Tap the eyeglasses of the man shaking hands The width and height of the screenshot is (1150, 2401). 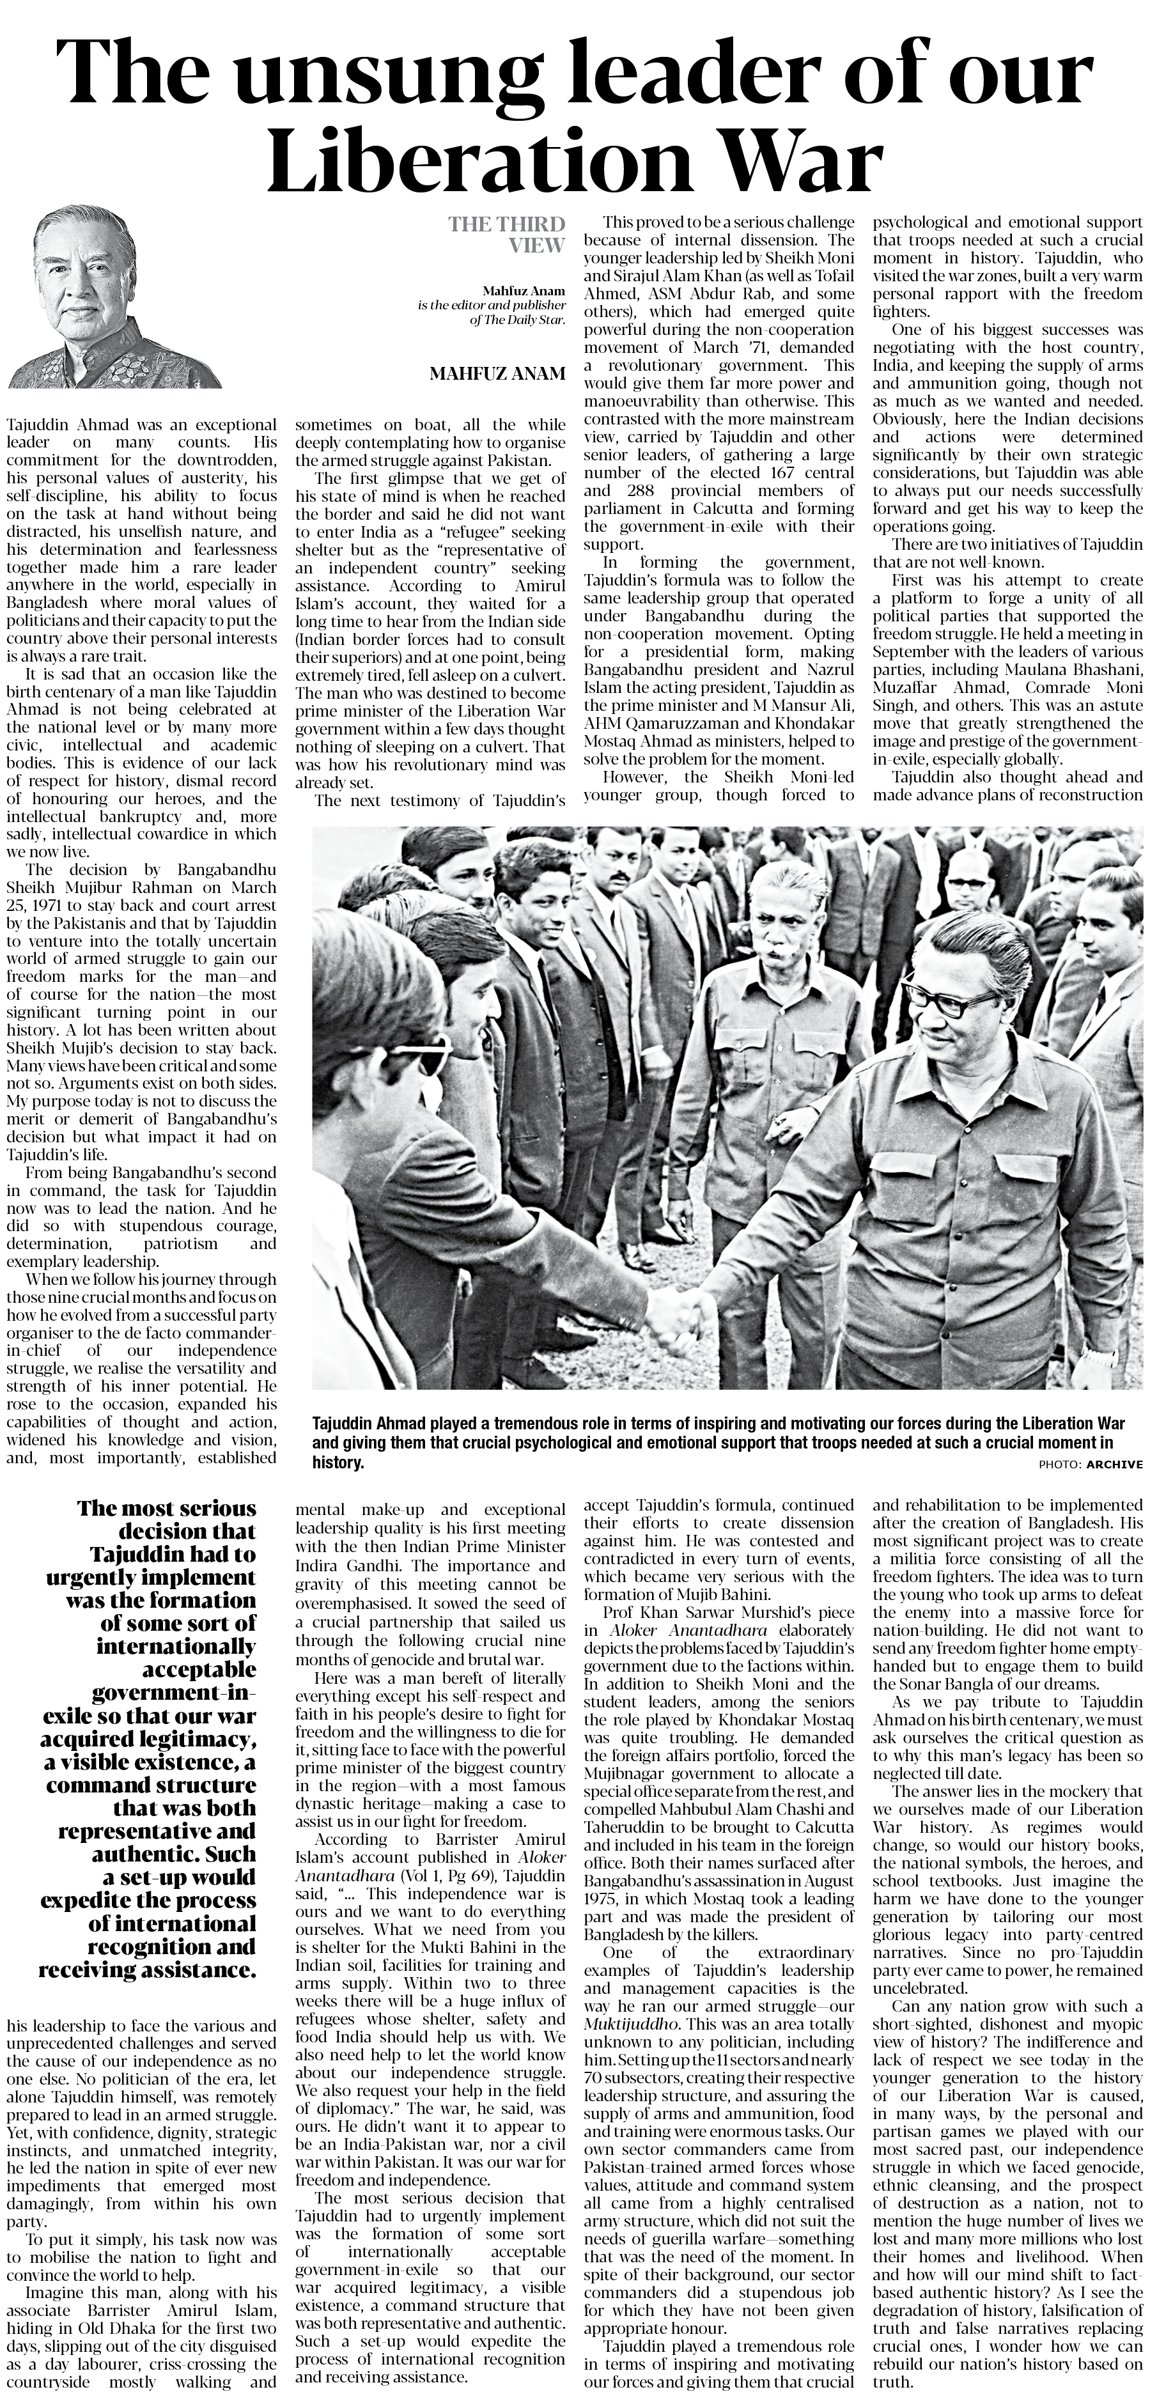(951, 1002)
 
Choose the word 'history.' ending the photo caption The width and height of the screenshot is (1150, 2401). (338, 1463)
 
